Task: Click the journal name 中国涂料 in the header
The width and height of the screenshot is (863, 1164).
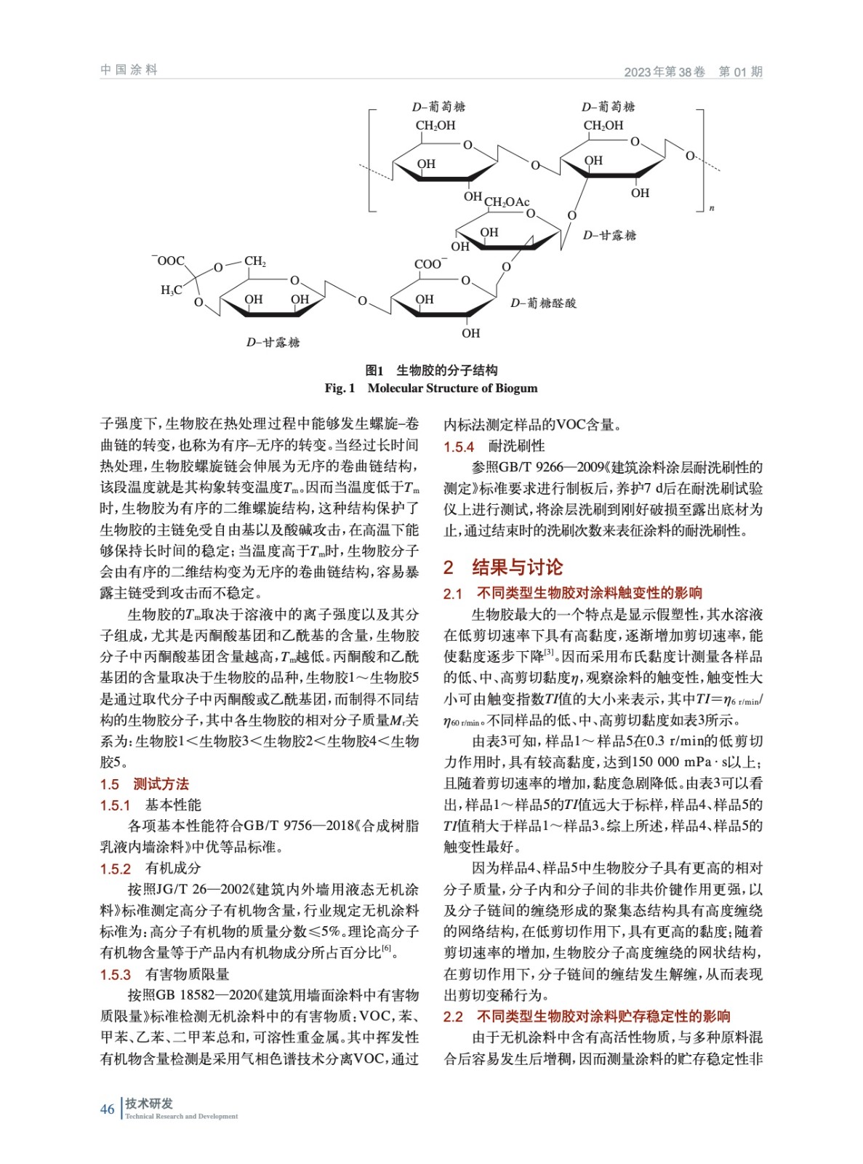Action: pos(129,70)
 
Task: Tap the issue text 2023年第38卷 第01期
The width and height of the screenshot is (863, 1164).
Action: pos(692,71)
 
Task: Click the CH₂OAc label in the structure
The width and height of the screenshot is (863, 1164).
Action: pos(507,202)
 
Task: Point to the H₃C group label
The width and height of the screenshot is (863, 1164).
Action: pos(171,290)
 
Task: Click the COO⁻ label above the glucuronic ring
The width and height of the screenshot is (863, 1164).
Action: pos(430,264)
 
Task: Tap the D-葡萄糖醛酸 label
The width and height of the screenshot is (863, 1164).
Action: pos(543,303)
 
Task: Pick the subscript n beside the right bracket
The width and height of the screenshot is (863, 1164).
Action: pos(712,208)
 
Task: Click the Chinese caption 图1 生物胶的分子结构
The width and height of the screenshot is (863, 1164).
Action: pos(431,370)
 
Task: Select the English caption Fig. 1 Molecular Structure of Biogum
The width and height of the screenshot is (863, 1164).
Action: pos(431,388)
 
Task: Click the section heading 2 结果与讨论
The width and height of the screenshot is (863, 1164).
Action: pos(503,567)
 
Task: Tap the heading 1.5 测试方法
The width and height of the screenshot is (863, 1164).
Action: pos(144,784)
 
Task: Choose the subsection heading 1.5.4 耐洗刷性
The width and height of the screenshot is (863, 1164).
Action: pos(494,446)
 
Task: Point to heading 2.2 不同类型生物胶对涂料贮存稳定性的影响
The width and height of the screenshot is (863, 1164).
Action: pos(587,1016)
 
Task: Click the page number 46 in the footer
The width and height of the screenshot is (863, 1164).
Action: pos(108,1109)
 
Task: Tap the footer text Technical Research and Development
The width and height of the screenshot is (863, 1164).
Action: pos(181,1116)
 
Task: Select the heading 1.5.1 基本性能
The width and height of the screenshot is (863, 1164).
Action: pos(150,805)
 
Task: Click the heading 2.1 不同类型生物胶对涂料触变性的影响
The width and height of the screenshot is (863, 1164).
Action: pos(573,593)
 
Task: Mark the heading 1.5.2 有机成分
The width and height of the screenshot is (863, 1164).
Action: pos(150,868)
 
